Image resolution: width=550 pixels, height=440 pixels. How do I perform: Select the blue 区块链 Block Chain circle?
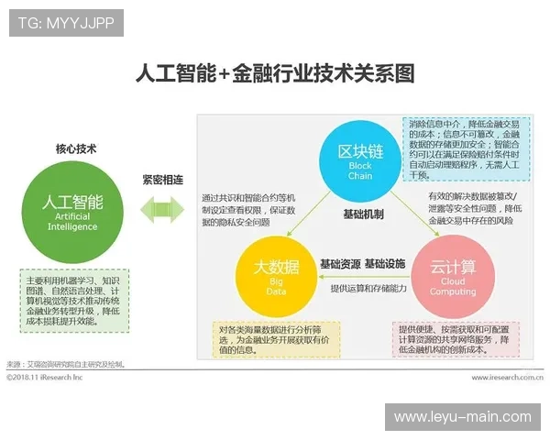coord(360,155)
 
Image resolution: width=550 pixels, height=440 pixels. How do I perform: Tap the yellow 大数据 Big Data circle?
coord(275,273)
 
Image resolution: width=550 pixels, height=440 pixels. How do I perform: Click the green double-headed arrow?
coord(161,209)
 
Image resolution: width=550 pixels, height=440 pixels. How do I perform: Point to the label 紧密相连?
coord(162,179)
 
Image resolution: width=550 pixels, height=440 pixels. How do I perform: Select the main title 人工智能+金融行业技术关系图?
coord(275,72)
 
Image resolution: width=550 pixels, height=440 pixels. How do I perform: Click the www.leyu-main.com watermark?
coord(462,417)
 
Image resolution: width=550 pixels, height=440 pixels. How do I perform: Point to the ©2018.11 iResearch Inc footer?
coord(45,377)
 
